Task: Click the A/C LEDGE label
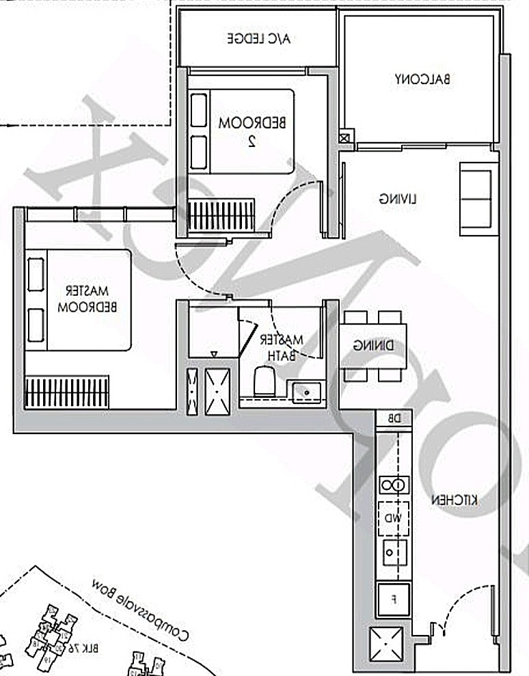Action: coord(259,38)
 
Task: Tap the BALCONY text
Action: coord(422,79)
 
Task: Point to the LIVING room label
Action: coord(398,199)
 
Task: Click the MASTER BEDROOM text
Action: coord(88,299)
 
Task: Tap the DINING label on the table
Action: coord(373,346)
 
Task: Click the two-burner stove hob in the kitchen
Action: coord(394,485)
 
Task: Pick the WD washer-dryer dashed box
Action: coord(394,518)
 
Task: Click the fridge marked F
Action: coord(394,599)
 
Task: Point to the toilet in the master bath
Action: coord(264,381)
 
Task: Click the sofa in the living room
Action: coord(476,195)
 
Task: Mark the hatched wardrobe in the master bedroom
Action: coord(67,392)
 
